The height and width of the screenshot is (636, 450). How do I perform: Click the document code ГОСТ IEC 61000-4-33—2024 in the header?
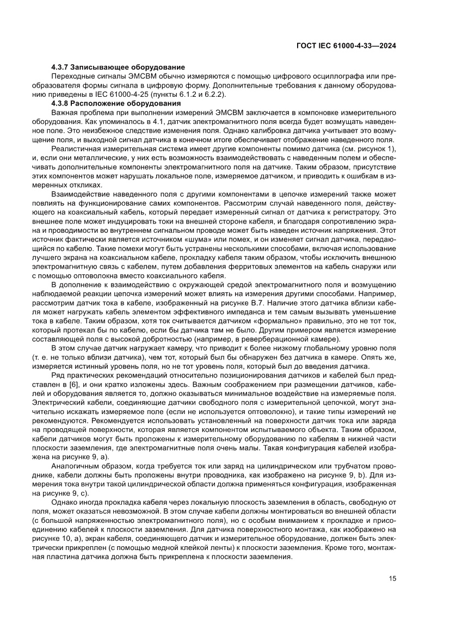pyautogui.click(x=346, y=46)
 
